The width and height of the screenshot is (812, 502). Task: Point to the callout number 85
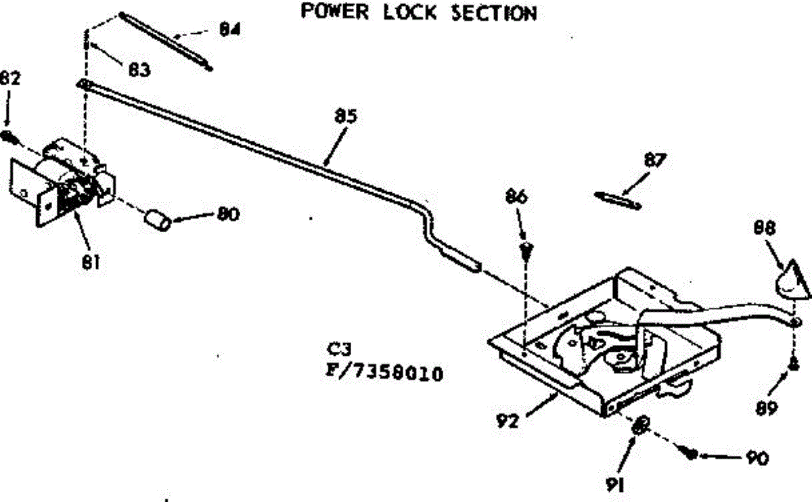[x=345, y=116]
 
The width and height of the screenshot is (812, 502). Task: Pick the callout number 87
[x=655, y=161]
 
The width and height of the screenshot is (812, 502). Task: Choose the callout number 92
[x=507, y=421]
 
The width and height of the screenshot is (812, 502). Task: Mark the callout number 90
[x=757, y=458]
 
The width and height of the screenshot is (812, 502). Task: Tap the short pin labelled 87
[x=616, y=200]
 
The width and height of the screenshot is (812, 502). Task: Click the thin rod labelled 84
[x=166, y=39]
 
